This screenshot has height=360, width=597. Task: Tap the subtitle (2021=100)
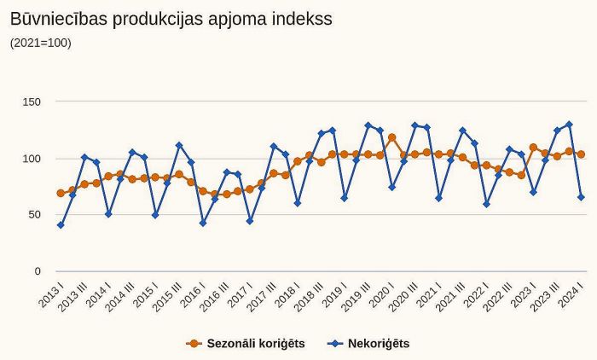(x=41, y=43)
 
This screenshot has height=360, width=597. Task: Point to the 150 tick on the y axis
(x=32, y=102)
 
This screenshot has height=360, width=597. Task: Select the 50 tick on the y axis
(x=34, y=215)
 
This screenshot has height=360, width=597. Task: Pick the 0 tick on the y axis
(x=38, y=271)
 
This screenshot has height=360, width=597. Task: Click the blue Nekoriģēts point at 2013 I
(x=61, y=225)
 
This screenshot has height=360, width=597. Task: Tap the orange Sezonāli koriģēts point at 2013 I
(x=61, y=194)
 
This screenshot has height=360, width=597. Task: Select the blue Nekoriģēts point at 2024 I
(x=581, y=197)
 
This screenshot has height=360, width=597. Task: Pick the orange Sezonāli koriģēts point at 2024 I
(x=581, y=154)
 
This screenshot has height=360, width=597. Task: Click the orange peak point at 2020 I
(x=391, y=137)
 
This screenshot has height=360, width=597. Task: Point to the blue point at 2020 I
(x=391, y=188)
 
